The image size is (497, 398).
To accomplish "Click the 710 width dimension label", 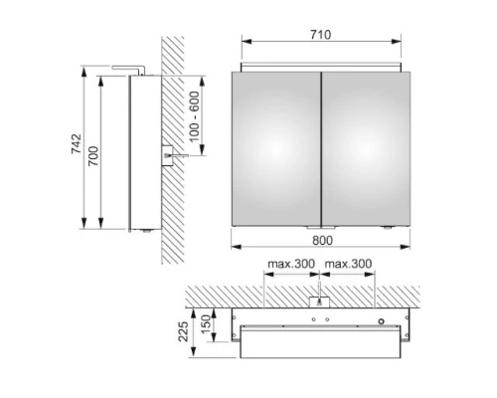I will coord(320,35).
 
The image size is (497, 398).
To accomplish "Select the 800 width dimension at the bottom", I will coord(320,240).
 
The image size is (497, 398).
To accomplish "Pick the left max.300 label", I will coord(288,265).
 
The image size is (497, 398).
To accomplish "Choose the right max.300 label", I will coord(348,265).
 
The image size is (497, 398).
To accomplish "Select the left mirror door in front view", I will coord(275,147).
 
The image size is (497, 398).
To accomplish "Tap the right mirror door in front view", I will coord(364,147).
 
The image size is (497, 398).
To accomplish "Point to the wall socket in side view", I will coord(167,155).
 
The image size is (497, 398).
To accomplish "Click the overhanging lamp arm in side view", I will coord(129,71).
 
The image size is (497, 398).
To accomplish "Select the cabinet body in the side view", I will coord(139,149).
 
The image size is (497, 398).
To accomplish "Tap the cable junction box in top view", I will coord(319,300).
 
